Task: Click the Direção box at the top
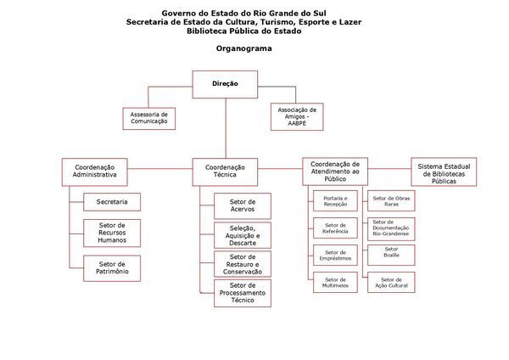(x=225, y=84)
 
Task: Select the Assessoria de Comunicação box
(x=149, y=117)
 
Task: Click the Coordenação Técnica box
(x=225, y=172)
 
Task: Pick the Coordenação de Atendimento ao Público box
(x=335, y=172)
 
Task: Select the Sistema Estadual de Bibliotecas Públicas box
(x=444, y=172)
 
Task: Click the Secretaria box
(x=112, y=202)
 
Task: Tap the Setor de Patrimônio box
(x=112, y=268)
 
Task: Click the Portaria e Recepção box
(x=335, y=201)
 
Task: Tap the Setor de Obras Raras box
(x=391, y=201)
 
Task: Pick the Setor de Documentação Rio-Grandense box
(x=391, y=228)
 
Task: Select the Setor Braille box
(x=391, y=255)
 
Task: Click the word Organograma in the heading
(x=243, y=49)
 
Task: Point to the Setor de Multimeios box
(x=335, y=283)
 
